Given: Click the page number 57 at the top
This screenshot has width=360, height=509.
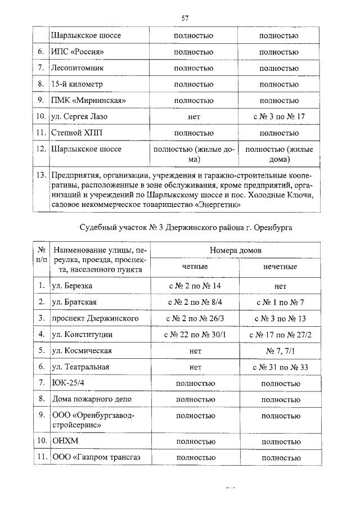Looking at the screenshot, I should pos(184,19).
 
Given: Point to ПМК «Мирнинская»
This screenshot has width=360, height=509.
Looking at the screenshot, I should pos(87,101).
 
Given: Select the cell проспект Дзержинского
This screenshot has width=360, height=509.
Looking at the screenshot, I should pos(95,318).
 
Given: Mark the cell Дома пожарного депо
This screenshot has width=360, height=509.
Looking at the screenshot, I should pos(89,399).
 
